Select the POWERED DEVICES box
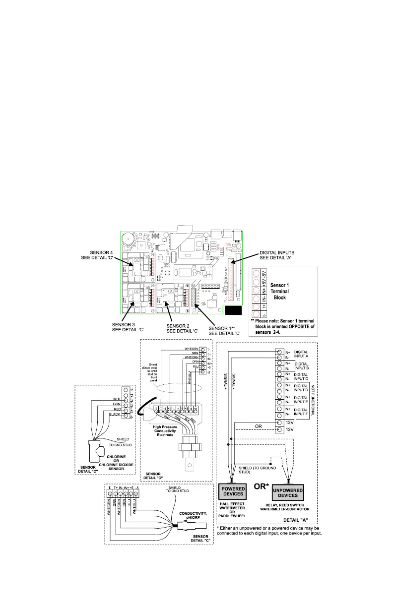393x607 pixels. point(233,491)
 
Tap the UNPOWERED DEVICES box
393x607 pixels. point(288,491)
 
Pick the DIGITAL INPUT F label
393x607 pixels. point(302,411)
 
